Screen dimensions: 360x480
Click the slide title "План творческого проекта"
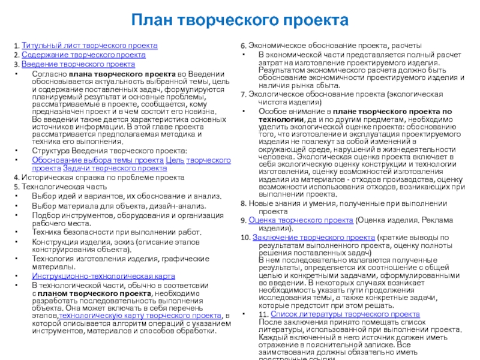[x=240, y=21]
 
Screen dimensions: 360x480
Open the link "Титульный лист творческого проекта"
[x=89, y=46]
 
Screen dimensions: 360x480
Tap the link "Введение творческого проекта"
[x=78, y=64]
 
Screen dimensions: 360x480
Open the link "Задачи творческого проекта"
[x=115, y=169]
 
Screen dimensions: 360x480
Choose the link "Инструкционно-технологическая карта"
[x=103, y=276]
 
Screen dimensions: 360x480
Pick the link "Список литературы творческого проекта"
[x=345, y=314]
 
